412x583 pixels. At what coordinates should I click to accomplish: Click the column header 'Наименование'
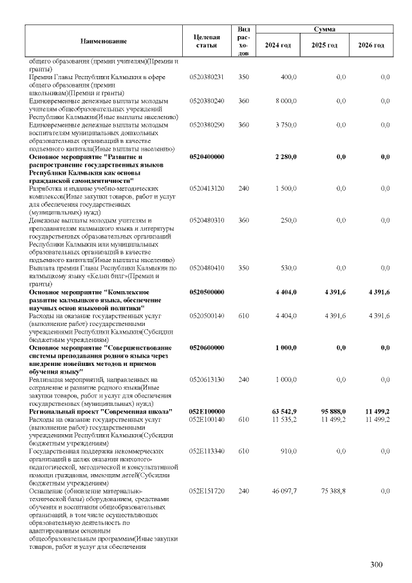tap(103, 41)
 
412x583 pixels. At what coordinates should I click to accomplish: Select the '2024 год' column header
tap(277, 45)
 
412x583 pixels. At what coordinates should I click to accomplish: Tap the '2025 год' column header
tap(324, 45)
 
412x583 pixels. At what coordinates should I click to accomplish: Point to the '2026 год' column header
tap(371, 45)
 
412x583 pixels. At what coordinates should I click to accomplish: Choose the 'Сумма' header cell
tap(324, 30)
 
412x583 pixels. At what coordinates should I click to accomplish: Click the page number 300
tap(377, 565)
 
